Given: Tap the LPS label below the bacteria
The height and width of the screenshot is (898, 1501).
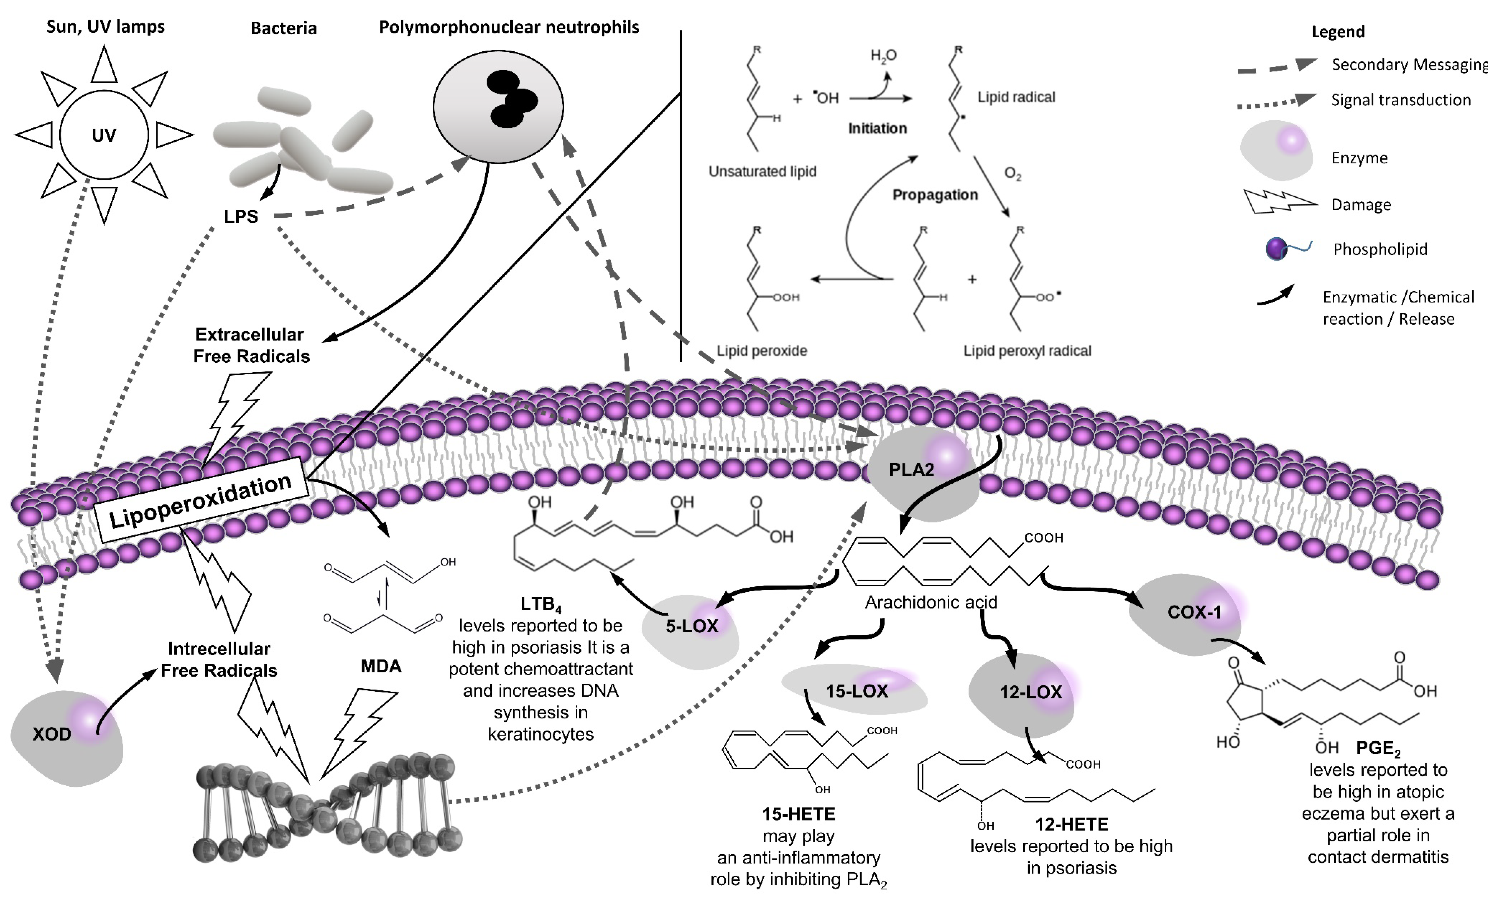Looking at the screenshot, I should [x=241, y=216].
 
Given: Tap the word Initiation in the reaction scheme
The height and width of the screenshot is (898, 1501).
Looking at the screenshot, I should [x=877, y=128].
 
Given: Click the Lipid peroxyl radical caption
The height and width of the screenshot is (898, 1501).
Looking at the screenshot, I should [x=1027, y=351].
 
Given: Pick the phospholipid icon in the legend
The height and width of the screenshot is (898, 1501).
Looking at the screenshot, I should [x=1286, y=248].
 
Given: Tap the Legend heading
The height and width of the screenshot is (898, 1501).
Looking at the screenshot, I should [x=1337, y=32].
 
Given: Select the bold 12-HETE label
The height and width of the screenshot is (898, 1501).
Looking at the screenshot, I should [x=1071, y=824].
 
